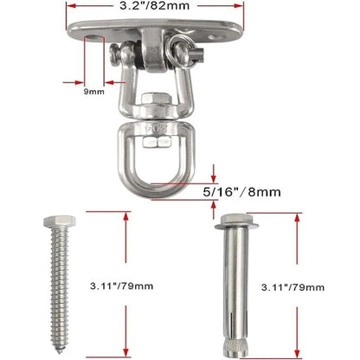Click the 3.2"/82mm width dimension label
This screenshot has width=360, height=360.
(x=154, y=5)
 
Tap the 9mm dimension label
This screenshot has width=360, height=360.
(x=94, y=92)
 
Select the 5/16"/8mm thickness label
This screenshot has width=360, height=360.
(x=241, y=192)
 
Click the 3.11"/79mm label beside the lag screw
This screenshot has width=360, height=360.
(x=121, y=286)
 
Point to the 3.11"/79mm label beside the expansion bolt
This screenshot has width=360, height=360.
(x=292, y=287)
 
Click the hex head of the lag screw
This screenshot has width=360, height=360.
(x=60, y=222)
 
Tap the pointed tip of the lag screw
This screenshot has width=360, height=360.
(x=60, y=351)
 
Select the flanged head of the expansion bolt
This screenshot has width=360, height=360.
(x=236, y=222)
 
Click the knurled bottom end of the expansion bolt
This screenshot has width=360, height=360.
(x=235, y=348)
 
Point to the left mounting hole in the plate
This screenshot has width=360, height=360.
(x=93, y=37)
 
